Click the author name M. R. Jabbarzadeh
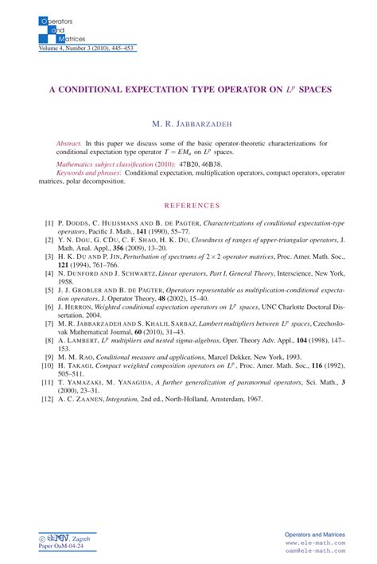pos(188,124)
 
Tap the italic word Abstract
pos(68,142)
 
